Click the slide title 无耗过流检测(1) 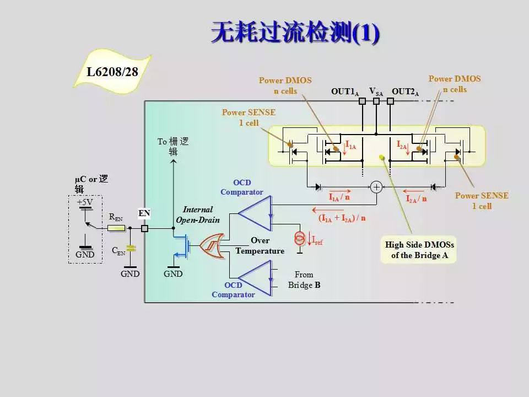(x=295, y=33)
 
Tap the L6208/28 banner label (x=112, y=72)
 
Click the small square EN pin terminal (x=145, y=228)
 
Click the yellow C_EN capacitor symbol (x=130, y=248)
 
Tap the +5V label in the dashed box (x=85, y=202)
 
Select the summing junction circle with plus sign (x=376, y=187)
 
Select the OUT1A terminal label (x=345, y=92)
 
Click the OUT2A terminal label (x=405, y=92)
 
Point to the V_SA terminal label (x=376, y=92)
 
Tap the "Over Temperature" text (x=260, y=246)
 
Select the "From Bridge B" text (x=304, y=280)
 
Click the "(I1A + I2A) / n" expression (x=342, y=218)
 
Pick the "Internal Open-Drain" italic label (x=198, y=214)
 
